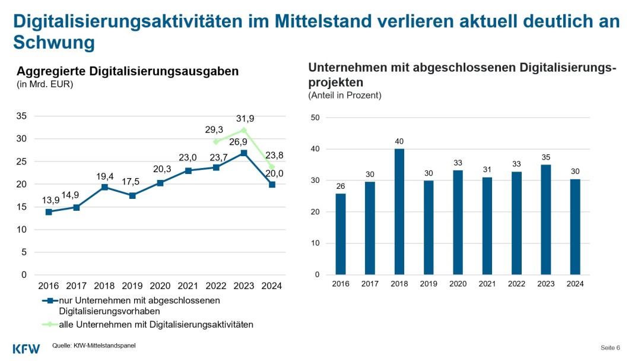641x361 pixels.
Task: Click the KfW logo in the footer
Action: tap(26, 348)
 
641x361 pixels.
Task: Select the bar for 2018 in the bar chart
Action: tap(399, 212)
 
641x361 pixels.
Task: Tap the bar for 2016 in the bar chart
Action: tap(341, 234)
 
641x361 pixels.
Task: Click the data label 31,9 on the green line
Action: tap(244, 119)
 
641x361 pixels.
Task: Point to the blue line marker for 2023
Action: tap(244, 153)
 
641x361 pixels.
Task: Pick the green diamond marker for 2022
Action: tap(216, 142)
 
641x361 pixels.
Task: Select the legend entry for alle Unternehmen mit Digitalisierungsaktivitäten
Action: tap(148, 324)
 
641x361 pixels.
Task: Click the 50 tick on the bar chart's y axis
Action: tap(316, 118)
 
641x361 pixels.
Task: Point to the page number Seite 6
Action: tap(610, 347)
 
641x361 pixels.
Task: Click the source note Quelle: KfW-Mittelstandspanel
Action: tap(94, 345)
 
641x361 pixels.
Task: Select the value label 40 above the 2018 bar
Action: tap(399, 141)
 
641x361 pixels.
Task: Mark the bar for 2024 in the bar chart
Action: tap(575, 227)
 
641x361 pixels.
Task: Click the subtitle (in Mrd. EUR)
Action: tap(45, 84)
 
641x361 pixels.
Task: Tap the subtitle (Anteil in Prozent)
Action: tap(345, 95)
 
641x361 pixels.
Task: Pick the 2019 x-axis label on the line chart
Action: tap(132, 286)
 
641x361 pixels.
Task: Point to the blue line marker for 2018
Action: tap(104, 187)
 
